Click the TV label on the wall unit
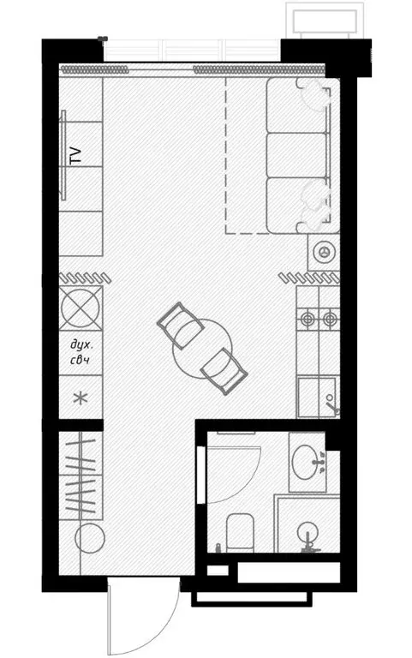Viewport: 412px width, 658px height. coord(75,155)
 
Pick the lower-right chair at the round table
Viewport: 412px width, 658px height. coord(223,368)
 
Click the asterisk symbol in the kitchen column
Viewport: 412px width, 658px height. coord(81,398)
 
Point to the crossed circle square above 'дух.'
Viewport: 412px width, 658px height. coord(81,306)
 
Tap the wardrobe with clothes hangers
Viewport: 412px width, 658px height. coord(81,473)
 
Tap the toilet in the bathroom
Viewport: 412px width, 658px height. coord(240,532)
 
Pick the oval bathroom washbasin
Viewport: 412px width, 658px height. coord(307,463)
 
